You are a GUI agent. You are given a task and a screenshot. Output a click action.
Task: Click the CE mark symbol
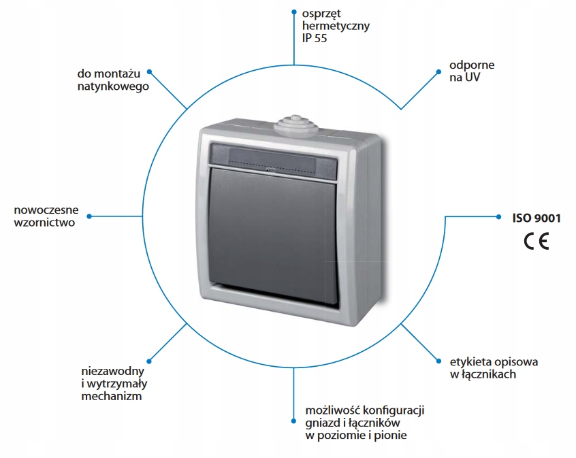click(535, 241)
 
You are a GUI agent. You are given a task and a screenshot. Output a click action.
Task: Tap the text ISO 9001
click(537, 218)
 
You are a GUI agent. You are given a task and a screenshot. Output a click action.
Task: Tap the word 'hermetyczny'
click(336, 26)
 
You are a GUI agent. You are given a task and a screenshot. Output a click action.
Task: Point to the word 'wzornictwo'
click(44, 222)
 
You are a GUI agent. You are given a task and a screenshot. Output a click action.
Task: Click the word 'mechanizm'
click(111, 396)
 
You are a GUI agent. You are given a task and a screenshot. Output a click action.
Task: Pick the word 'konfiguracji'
click(395, 410)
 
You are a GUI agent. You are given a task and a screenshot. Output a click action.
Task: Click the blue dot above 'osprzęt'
click(293, 12)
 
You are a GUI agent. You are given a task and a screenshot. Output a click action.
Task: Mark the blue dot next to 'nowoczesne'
click(89, 216)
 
